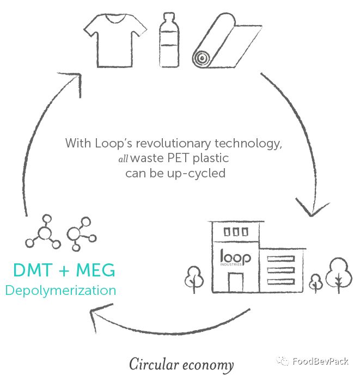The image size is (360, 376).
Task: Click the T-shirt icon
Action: pyautogui.click(x=115, y=40)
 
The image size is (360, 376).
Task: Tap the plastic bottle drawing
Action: pyautogui.click(x=169, y=40)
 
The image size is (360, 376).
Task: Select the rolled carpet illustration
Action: pyautogui.click(x=227, y=41)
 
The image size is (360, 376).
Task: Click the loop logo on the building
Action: pyautogui.click(x=235, y=257)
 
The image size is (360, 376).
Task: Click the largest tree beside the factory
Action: pyautogui.click(x=339, y=275)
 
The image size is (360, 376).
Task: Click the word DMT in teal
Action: pyautogui.click(x=33, y=270)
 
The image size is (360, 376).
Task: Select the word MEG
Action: pyautogui.click(x=95, y=270)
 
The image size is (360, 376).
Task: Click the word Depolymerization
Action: pyautogui.click(x=60, y=291)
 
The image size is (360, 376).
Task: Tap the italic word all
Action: pyautogui.click(x=123, y=159)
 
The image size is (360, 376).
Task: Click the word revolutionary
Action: pyautogui.click(x=173, y=144)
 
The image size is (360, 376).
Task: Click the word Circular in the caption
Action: pyautogui.click(x=154, y=364)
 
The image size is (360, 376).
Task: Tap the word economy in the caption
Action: pyautogui.click(x=208, y=366)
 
